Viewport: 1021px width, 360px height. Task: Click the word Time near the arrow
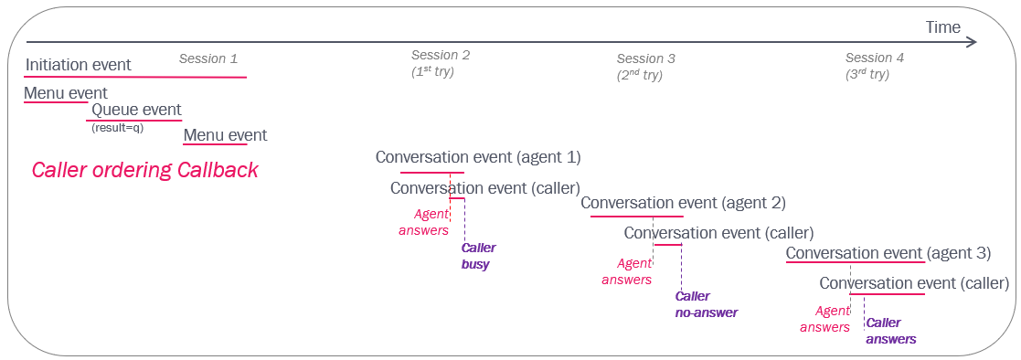(x=943, y=27)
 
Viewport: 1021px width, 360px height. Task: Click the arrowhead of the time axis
(x=973, y=42)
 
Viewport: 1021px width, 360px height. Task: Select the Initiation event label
(x=78, y=65)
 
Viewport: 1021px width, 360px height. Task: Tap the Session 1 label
(x=208, y=58)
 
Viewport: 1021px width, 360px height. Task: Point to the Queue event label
(x=136, y=110)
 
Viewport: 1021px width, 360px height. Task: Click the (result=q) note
(x=118, y=128)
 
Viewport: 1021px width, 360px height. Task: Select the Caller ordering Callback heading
(x=145, y=171)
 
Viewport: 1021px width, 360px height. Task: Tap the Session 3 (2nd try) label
(x=646, y=67)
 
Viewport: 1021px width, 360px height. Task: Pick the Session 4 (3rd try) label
(x=875, y=66)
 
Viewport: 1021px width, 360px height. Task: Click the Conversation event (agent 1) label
(x=478, y=157)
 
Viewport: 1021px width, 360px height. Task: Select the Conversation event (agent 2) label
(x=684, y=203)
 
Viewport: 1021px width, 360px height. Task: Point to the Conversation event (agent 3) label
(x=888, y=252)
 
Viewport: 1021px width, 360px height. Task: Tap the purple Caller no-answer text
(x=707, y=304)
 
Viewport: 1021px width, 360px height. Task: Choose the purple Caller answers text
(x=891, y=331)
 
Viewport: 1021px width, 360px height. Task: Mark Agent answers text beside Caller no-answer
(x=627, y=271)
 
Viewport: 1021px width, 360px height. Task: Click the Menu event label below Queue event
(x=225, y=134)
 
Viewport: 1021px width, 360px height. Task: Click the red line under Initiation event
(x=135, y=77)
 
